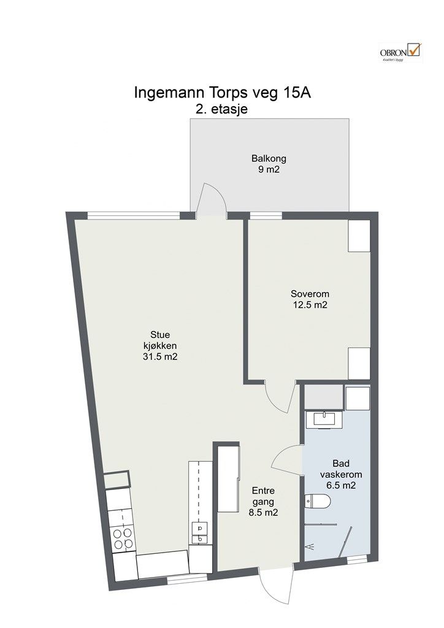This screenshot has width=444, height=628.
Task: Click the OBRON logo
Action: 400,53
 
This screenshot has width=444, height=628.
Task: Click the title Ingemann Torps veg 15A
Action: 223,93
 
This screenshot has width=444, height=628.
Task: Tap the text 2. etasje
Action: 222,109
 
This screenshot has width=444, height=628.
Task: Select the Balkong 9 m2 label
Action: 269,164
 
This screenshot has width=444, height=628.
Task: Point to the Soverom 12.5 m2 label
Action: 310,299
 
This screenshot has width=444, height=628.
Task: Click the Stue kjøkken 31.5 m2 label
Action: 160,345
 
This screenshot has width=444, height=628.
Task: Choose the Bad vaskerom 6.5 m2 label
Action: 341,475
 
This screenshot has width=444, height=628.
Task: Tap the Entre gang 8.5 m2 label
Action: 263,502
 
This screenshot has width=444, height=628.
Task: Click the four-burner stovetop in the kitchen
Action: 123,538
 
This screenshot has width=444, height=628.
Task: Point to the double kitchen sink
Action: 200,533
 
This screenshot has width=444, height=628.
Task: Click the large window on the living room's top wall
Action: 134,216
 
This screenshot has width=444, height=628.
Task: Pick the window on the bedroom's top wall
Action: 266,216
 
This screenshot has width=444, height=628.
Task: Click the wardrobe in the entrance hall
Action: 228,479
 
